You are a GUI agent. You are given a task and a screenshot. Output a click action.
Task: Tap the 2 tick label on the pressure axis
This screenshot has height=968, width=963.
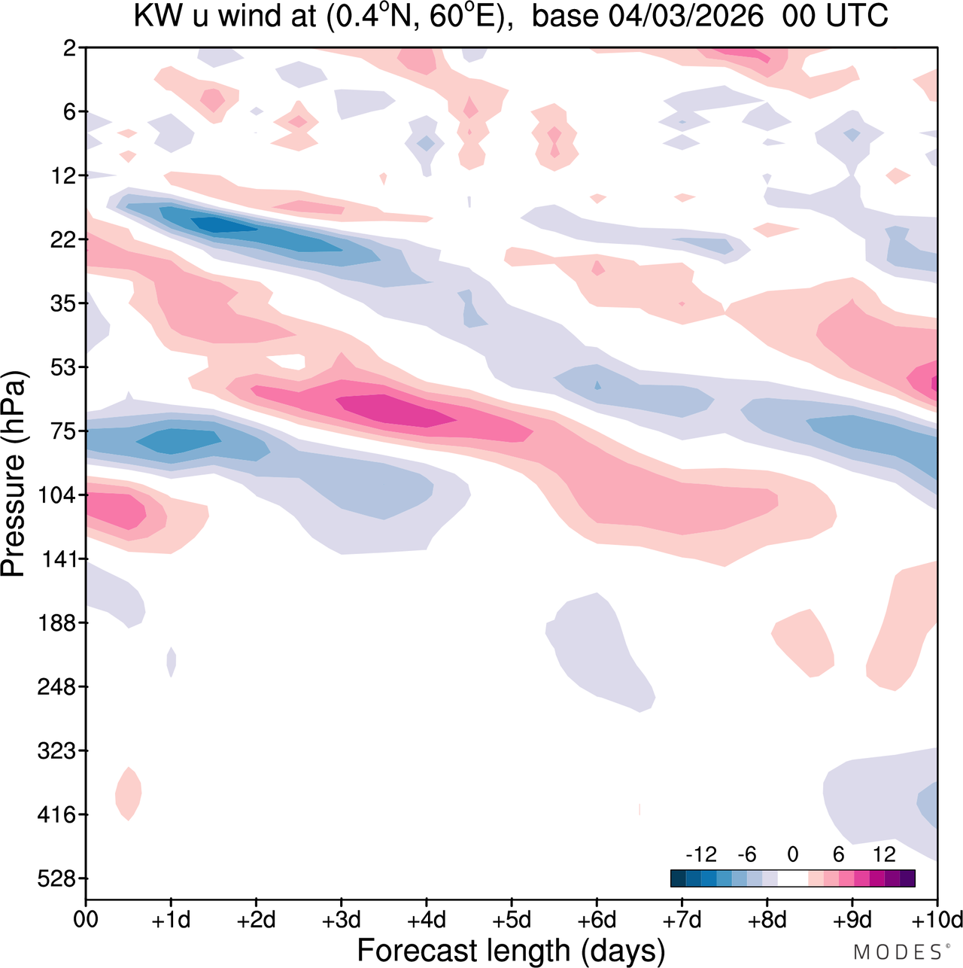(x=70, y=49)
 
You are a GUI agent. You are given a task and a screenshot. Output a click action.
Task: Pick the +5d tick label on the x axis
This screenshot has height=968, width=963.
(x=512, y=921)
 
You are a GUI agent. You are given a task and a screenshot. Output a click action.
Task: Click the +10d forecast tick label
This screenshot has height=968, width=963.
(x=937, y=921)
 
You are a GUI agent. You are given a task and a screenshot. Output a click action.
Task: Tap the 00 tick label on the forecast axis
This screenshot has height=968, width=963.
(x=87, y=921)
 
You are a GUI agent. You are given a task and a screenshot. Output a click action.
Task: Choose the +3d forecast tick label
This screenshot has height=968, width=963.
(x=342, y=921)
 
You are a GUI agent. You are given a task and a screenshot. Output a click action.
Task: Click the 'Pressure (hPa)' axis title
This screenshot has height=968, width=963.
(x=14, y=474)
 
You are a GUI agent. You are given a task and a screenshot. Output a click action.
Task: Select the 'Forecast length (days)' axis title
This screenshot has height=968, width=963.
(x=511, y=951)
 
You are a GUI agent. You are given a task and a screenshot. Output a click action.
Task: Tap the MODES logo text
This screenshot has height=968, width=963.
(x=897, y=952)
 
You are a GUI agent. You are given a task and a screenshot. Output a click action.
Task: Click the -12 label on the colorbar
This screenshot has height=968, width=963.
(x=700, y=854)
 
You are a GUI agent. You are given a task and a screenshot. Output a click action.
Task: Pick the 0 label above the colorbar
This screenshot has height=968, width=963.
(x=793, y=854)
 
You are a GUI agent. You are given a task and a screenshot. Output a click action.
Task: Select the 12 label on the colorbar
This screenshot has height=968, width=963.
(x=885, y=854)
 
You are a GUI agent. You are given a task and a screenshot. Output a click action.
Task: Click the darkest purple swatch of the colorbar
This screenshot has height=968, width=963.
(x=907, y=878)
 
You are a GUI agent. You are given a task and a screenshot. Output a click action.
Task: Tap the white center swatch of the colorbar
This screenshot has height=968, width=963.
(x=793, y=878)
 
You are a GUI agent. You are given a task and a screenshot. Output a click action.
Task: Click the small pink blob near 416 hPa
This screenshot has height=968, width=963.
(x=128, y=793)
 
